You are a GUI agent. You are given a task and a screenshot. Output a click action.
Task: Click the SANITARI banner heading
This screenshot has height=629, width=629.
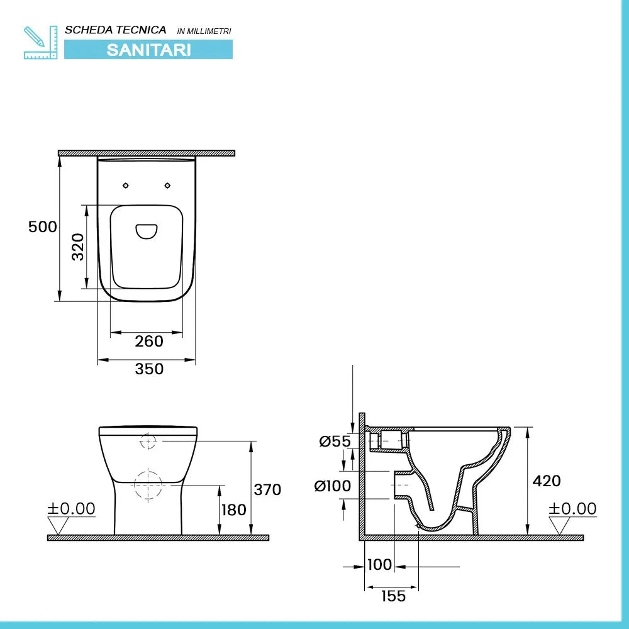(x=148, y=50)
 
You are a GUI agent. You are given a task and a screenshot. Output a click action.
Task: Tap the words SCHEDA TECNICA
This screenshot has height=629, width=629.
(x=116, y=30)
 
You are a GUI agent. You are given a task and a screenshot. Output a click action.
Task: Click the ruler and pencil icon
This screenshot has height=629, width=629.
(x=40, y=42)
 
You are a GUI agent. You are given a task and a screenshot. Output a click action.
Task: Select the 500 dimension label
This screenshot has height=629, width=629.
(x=43, y=227)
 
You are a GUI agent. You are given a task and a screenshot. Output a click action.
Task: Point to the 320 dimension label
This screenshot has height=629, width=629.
(x=77, y=248)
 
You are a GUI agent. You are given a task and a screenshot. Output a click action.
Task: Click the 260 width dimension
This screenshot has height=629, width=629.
(x=149, y=342)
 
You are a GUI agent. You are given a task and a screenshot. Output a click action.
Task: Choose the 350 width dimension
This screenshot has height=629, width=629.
(x=149, y=369)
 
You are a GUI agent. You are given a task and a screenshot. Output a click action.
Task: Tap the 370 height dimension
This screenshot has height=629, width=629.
(x=267, y=489)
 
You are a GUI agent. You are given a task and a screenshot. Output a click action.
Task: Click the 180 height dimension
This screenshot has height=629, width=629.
(x=234, y=509)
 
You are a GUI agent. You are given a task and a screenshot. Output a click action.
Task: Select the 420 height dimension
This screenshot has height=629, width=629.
(x=547, y=481)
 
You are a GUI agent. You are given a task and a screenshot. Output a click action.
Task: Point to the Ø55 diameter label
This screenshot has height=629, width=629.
(x=335, y=442)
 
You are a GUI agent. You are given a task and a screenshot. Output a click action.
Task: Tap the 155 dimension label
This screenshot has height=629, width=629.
(x=394, y=596)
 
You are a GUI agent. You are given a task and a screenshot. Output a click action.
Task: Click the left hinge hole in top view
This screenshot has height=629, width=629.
(x=126, y=185)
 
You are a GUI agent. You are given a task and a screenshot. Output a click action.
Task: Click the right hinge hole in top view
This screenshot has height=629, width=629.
(x=168, y=185)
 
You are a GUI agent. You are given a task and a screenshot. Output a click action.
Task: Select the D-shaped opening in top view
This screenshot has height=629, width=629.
(x=148, y=231)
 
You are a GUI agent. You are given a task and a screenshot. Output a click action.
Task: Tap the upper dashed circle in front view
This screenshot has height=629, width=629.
(x=148, y=442)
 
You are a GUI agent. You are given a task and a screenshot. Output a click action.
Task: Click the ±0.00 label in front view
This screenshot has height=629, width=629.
(x=72, y=508)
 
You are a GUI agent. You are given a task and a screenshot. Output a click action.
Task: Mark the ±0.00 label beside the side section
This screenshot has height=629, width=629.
(x=572, y=508)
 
